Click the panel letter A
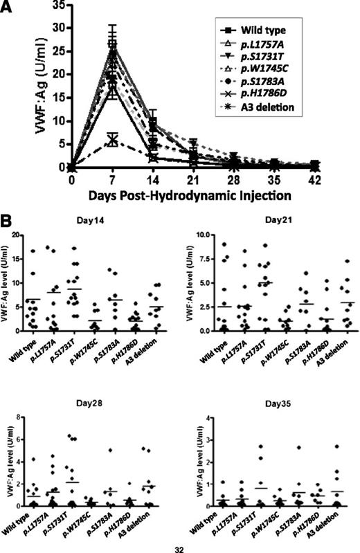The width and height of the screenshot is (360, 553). click(x=8, y=8)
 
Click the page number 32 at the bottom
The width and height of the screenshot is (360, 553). click(x=180, y=547)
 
